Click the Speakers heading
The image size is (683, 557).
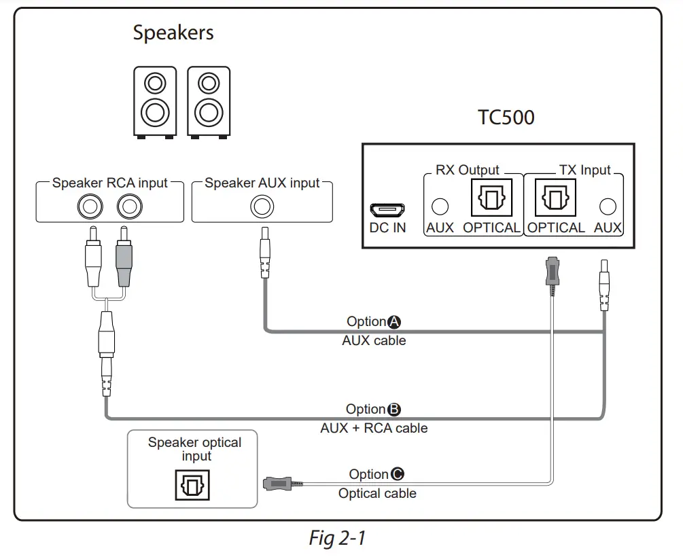click(x=173, y=33)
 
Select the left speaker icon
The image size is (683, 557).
click(x=154, y=102)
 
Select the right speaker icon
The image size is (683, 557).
click(x=208, y=102)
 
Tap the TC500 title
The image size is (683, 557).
click(x=506, y=118)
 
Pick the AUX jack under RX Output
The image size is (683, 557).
click(x=440, y=206)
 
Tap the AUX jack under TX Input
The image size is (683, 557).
click(x=608, y=206)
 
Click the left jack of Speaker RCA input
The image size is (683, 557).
click(x=92, y=204)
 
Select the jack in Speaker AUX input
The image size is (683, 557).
click(x=262, y=204)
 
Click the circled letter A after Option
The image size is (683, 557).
click(x=393, y=322)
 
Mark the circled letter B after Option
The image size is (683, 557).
click(x=393, y=410)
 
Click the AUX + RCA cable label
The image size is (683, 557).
click(x=374, y=428)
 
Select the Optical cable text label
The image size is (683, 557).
click(x=377, y=493)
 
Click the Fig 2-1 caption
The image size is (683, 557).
click(x=337, y=538)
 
